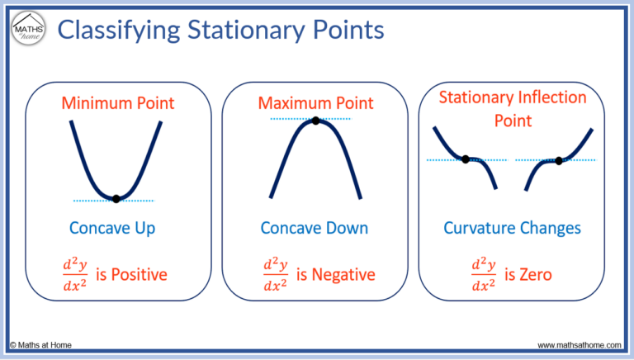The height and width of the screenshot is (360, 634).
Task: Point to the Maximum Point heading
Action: pyautogui.click(x=315, y=103)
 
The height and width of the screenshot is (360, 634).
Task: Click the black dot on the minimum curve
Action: pyautogui.click(x=116, y=198)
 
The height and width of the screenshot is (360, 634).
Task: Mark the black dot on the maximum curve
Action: pyautogui.click(x=315, y=121)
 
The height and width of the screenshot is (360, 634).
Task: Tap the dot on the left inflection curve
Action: pyautogui.click(x=466, y=159)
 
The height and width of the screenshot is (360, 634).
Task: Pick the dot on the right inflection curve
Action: pyautogui.click(x=559, y=160)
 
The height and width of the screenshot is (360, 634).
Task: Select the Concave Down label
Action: pyautogui.click(x=315, y=227)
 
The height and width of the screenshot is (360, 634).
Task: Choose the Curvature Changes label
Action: pyautogui.click(x=513, y=227)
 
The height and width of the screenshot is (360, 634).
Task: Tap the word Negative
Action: pyautogui.click(x=341, y=274)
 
